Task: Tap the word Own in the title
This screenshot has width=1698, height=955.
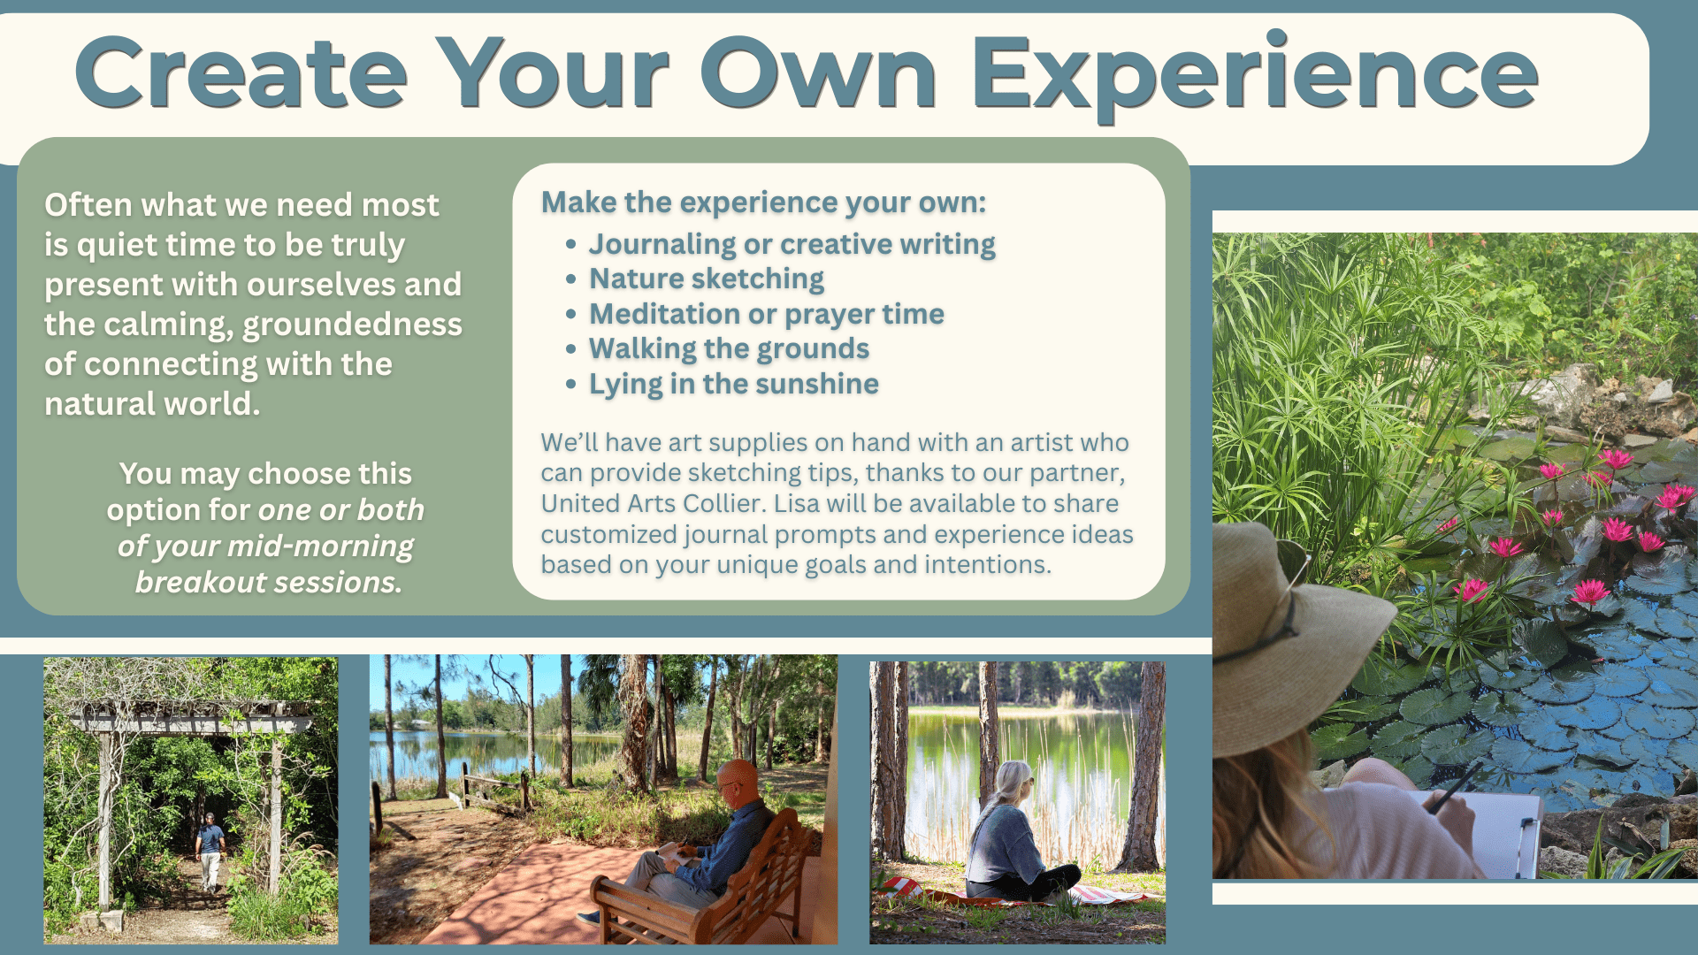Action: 818,74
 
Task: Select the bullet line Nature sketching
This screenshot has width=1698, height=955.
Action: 707,279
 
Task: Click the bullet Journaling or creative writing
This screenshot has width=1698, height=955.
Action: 792,245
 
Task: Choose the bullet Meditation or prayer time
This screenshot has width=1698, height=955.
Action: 767,315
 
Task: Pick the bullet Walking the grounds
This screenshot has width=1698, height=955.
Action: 730,349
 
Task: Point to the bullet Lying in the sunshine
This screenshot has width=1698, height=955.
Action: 734,385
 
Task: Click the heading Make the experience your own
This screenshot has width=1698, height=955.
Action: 763,202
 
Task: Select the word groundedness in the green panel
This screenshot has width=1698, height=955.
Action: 352,325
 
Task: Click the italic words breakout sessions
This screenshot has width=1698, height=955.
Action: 269,583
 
